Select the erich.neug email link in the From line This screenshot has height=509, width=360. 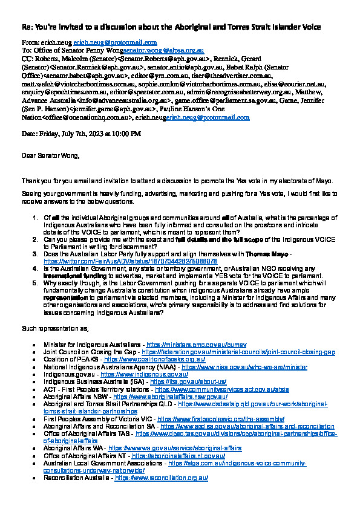point(115,43)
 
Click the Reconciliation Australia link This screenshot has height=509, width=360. point(161,478)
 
